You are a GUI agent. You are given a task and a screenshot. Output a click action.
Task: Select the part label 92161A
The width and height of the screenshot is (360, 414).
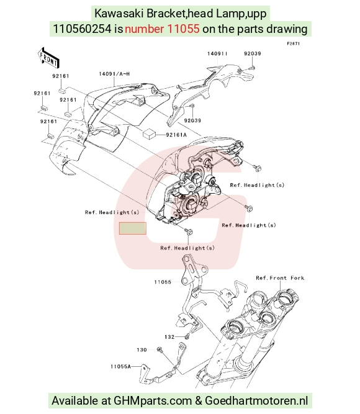click(176, 135)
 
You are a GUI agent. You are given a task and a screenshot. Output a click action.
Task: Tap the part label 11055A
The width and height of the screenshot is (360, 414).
click(120, 366)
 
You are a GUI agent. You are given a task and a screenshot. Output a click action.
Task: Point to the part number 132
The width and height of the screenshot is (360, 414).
click(169, 337)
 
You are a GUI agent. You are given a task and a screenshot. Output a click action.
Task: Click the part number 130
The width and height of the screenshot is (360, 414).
click(142, 350)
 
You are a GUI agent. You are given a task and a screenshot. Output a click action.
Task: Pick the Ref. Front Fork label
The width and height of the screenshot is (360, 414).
click(280, 278)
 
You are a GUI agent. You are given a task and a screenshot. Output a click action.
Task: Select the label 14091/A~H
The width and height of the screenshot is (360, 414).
click(114, 74)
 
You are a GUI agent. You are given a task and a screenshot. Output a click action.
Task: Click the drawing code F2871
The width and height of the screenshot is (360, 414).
click(294, 43)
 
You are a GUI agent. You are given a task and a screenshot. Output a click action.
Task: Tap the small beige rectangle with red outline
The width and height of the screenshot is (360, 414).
click(133, 228)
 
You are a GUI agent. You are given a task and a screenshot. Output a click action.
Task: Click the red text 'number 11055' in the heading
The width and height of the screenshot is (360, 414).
click(162, 29)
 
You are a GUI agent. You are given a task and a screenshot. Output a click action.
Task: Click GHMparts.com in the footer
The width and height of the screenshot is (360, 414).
click(153, 401)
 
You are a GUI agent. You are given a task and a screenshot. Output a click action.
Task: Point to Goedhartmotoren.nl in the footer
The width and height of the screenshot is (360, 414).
click(256, 401)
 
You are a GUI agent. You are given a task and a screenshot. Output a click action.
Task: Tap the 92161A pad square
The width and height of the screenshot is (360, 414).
click(149, 133)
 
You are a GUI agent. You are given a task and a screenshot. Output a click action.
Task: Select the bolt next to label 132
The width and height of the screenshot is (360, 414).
click(187, 336)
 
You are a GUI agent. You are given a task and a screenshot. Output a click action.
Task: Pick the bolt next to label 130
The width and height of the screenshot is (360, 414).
click(160, 349)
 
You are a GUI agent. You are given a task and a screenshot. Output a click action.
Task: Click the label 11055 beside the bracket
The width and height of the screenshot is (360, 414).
click(163, 282)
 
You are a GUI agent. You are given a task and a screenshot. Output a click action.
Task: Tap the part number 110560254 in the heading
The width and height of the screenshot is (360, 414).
click(83, 29)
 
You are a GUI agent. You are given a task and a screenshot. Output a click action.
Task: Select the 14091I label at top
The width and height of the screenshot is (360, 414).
click(217, 53)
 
